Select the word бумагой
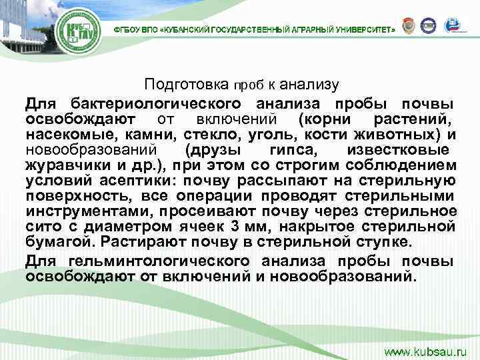pyautogui.click(x=53, y=239)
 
